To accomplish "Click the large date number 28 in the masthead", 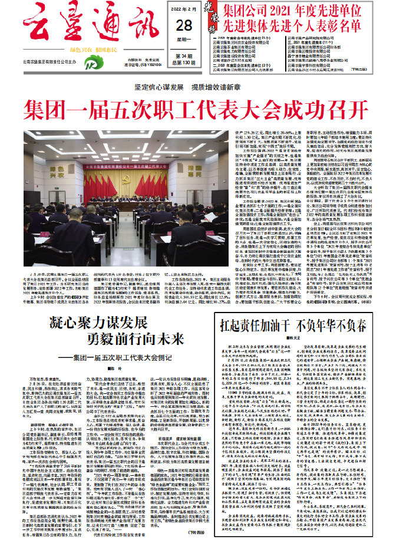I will (x=184, y=25).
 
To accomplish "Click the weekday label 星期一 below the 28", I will (x=184, y=40).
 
